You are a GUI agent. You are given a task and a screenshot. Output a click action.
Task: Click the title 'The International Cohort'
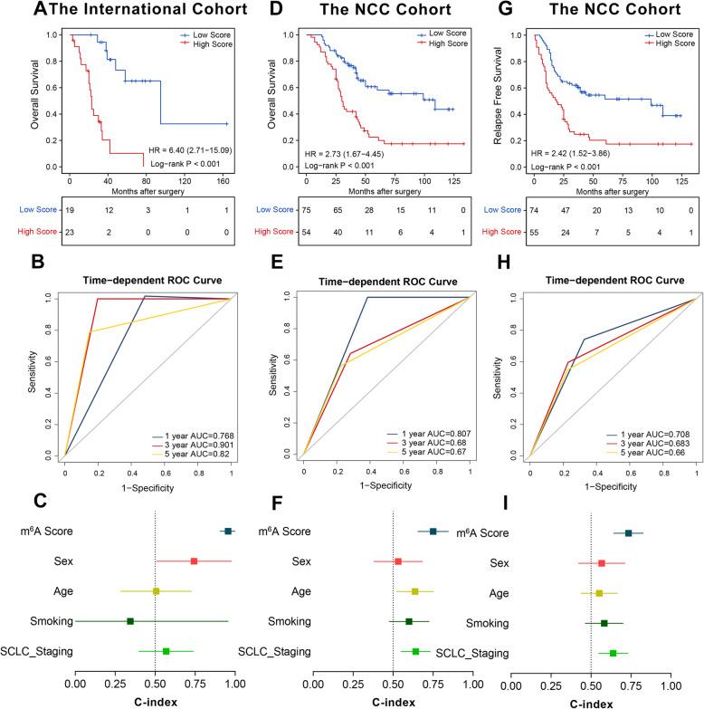(x=138, y=11)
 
